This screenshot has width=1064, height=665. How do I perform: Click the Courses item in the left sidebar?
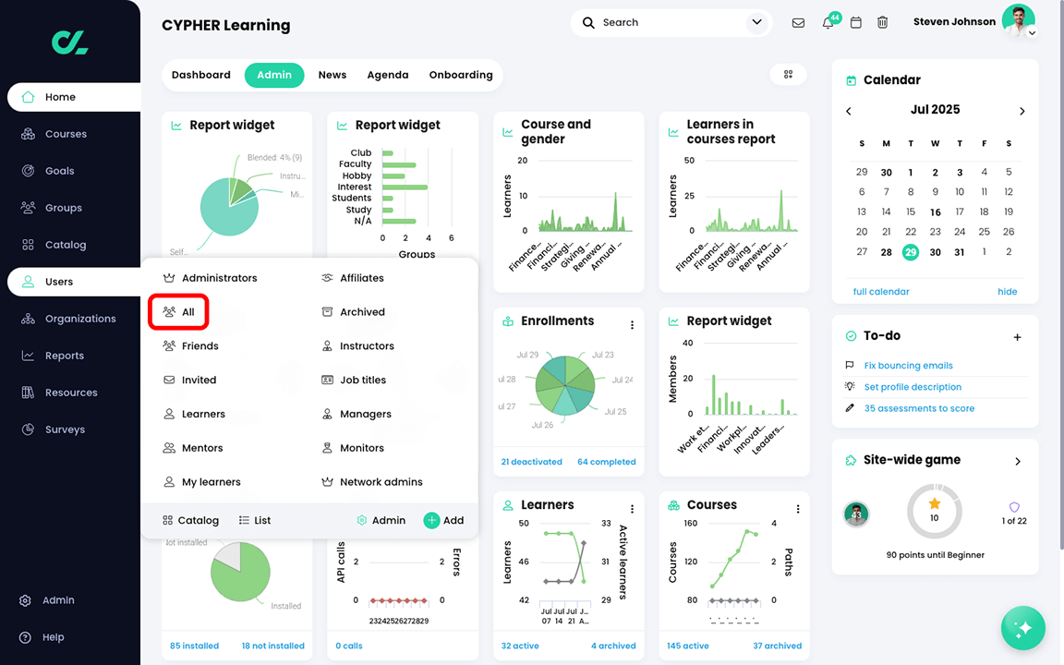(66, 134)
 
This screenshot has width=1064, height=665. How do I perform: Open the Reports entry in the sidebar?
(64, 356)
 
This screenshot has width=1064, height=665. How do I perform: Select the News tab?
(332, 75)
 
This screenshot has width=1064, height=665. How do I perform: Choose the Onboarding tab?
(461, 75)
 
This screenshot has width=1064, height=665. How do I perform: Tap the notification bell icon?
(828, 23)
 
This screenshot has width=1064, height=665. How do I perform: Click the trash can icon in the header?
(882, 22)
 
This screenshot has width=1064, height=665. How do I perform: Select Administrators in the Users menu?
(219, 278)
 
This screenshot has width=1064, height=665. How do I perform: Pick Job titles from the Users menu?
(362, 380)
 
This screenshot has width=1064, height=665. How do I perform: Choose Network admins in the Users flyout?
(381, 482)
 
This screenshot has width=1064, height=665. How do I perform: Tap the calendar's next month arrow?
(1022, 111)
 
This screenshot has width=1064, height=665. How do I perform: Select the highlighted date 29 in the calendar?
(911, 252)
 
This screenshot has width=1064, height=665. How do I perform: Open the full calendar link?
(881, 292)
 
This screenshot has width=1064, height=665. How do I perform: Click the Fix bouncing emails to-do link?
(908, 366)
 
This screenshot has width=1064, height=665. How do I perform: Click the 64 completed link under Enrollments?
(606, 462)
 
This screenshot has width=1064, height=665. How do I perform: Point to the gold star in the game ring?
(935, 503)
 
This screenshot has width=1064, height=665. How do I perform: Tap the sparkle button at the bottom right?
(1022, 629)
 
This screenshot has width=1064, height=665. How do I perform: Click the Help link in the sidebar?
(53, 637)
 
